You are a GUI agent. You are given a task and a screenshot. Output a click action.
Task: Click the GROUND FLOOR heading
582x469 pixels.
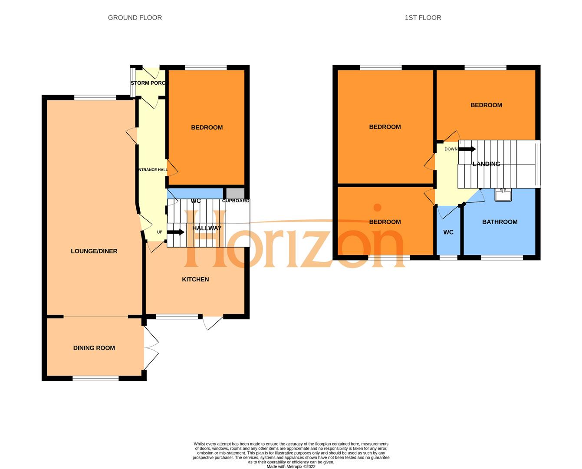[135, 18]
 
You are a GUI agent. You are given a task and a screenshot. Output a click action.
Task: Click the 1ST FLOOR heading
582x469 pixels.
[423, 18]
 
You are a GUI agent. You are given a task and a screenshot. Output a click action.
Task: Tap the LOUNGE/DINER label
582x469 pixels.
[94, 251]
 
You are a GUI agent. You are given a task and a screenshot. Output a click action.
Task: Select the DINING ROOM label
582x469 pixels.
[94, 348]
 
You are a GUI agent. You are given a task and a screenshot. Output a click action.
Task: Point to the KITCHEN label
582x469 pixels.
[195, 279]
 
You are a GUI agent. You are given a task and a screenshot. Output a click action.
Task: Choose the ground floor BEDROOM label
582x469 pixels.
[207, 127]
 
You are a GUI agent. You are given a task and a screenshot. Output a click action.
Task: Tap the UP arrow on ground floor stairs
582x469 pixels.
[175, 232]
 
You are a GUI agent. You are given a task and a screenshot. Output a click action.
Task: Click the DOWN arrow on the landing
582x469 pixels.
[467, 149]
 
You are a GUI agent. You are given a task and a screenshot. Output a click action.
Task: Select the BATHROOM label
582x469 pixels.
[500, 222]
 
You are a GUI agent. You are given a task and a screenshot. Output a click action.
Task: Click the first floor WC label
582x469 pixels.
[448, 232]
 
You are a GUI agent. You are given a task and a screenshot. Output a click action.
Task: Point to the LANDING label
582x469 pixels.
[486, 164]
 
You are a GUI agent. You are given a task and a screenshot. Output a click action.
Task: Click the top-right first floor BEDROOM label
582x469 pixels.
[486, 105]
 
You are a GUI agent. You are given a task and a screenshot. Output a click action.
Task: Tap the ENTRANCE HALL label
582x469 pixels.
[152, 170]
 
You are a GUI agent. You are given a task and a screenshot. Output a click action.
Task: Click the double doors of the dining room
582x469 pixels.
[151, 348]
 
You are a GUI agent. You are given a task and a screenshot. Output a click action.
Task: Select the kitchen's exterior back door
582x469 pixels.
[213, 322]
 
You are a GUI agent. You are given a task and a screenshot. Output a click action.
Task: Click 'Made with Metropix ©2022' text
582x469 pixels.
[291, 467]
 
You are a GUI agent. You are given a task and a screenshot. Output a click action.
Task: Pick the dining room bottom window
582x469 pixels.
[95, 379]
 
